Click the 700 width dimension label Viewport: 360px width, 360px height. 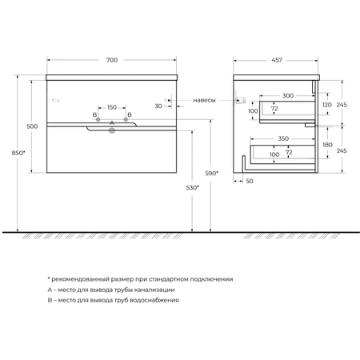[112, 60]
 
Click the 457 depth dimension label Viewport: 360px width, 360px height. [277, 60]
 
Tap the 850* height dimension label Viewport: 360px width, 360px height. [18, 153]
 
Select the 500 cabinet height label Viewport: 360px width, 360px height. [32, 126]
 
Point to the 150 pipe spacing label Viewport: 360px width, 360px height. [112, 107]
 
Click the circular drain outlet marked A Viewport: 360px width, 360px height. [112, 130]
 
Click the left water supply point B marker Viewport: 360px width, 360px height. [98, 119]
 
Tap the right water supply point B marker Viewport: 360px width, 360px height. [126, 119]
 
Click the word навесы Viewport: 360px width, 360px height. [204, 100]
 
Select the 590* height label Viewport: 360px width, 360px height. [211, 174]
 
